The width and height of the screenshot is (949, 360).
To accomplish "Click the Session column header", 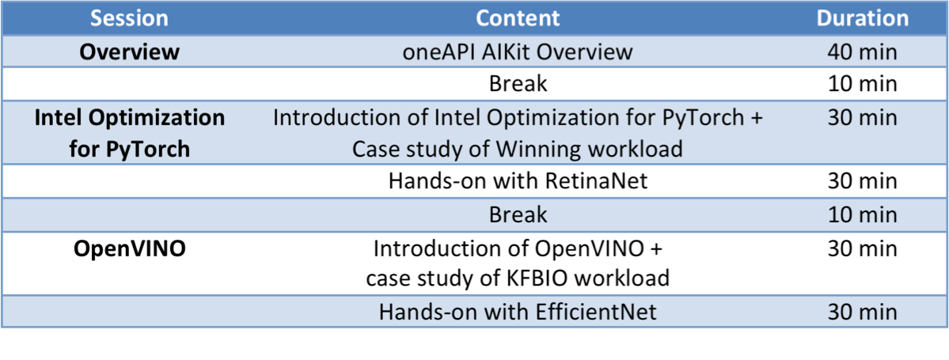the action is click(130, 18).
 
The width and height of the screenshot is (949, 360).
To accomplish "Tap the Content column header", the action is click(518, 18).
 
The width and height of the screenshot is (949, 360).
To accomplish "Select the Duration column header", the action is click(863, 18).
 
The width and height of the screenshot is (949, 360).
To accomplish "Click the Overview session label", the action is click(130, 52).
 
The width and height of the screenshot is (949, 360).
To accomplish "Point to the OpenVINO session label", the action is click(130, 248).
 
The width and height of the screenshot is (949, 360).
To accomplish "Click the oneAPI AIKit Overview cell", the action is click(518, 52).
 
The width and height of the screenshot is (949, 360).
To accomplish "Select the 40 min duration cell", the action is click(863, 52).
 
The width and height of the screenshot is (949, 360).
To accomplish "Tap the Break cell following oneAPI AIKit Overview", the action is click(518, 84).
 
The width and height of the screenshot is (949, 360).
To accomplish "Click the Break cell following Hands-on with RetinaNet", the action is click(518, 214).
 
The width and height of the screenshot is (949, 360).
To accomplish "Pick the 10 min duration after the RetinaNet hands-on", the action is click(863, 214).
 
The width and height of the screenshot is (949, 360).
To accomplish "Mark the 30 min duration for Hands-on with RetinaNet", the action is click(863, 181).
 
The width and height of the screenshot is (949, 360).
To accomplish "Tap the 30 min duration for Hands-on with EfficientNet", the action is click(863, 313).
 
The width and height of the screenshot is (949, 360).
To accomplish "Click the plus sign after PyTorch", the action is click(755, 118).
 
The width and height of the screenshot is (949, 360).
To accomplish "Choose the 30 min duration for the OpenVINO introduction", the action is click(863, 248).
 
